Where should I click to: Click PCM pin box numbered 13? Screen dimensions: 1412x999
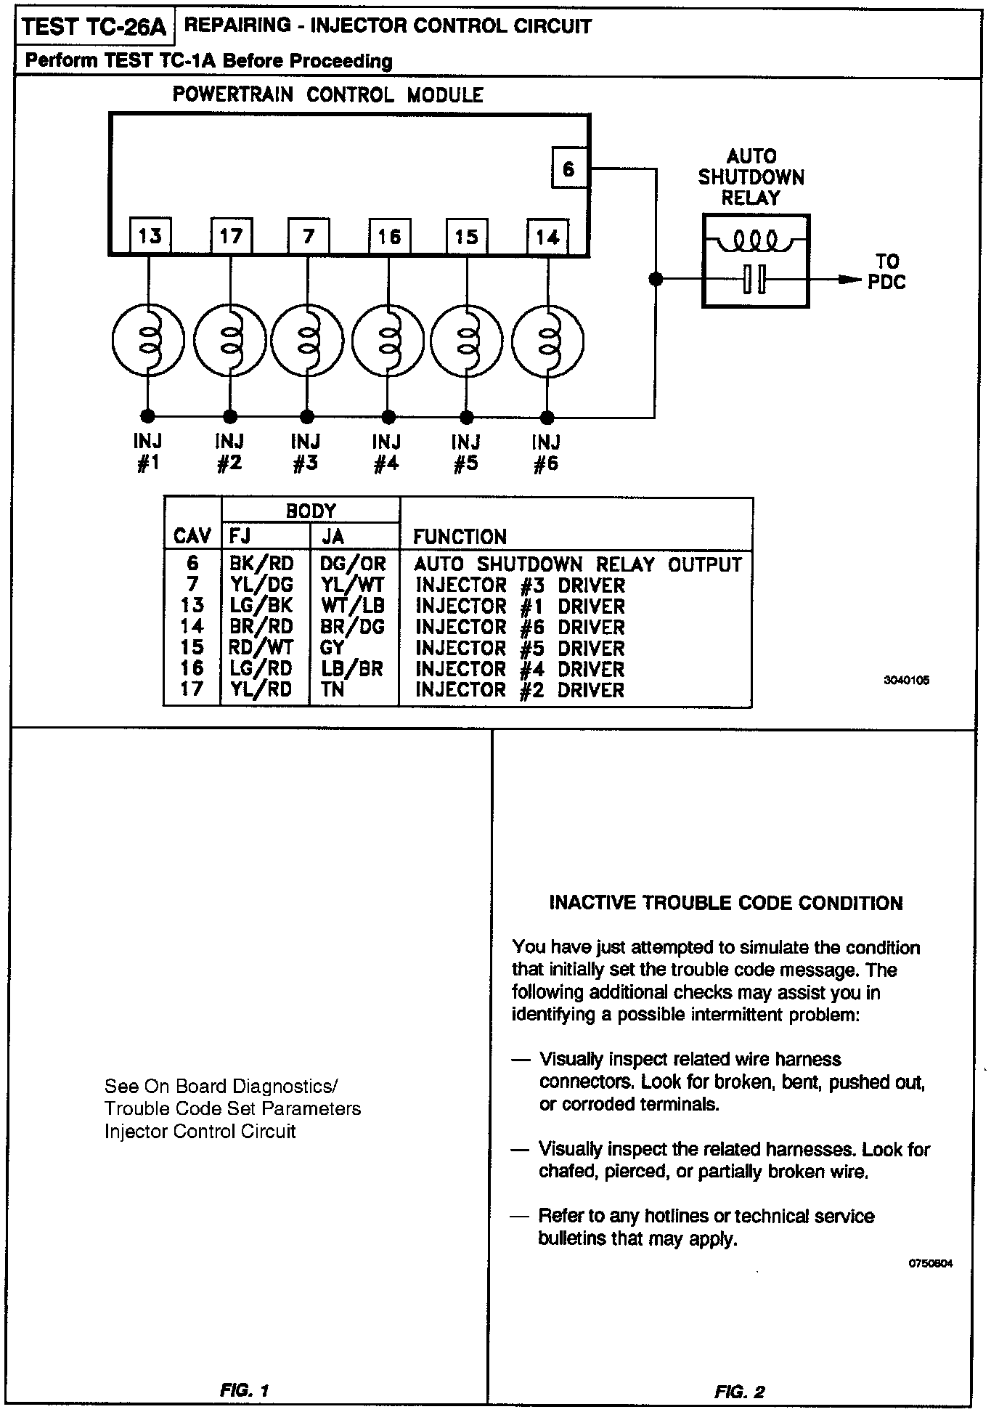click(150, 235)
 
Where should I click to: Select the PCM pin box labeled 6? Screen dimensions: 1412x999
click(568, 169)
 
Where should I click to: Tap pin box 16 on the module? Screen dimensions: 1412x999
click(389, 235)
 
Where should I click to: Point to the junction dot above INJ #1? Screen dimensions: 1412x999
click(147, 416)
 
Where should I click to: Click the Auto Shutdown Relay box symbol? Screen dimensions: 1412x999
click(755, 261)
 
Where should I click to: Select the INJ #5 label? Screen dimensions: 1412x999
click(466, 452)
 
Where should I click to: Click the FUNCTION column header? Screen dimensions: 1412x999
click(460, 537)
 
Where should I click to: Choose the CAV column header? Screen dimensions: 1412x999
click(192, 537)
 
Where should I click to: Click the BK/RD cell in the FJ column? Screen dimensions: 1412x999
click(261, 564)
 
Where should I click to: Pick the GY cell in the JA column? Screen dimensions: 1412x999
click(332, 647)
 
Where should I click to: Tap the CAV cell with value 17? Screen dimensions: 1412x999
click(192, 689)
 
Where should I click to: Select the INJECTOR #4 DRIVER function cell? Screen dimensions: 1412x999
click(519, 668)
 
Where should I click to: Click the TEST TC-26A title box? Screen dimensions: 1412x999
click(94, 28)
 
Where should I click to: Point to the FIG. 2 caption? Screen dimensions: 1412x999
click(739, 1392)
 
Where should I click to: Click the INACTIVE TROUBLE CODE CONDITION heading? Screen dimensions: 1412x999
click(726, 903)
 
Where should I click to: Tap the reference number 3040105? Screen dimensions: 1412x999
click(906, 681)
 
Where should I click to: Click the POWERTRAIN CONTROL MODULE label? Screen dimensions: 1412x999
click(327, 95)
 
